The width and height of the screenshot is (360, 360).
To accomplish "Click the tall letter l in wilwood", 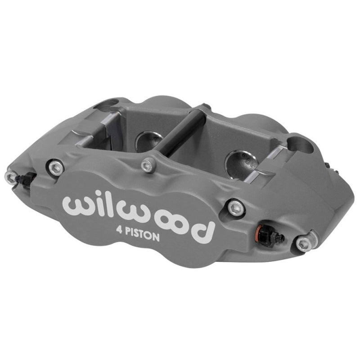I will [x=108, y=205].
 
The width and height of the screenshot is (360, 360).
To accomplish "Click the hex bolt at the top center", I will [x=148, y=166].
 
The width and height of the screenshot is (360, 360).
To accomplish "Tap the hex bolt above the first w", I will [x=56, y=168].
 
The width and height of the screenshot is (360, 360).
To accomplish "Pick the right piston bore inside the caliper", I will [x=237, y=162].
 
